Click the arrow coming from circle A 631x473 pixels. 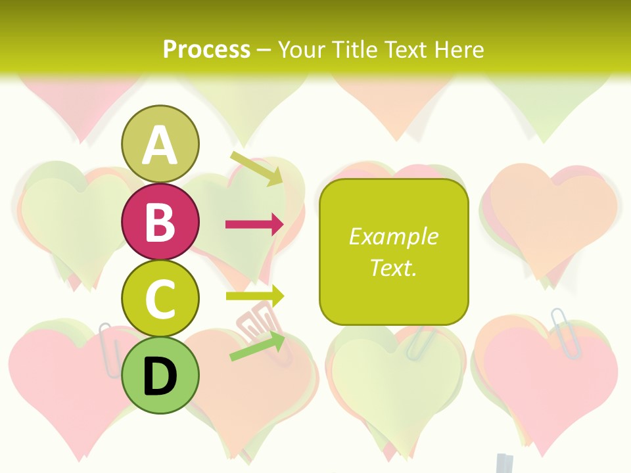point(257,168)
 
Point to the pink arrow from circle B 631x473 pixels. point(254,225)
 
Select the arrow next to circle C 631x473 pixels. point(254,296)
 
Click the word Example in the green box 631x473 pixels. point(393,236)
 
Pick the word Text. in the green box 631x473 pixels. point(393,267)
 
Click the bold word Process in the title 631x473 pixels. point(206,49)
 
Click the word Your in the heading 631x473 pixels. point(301,49)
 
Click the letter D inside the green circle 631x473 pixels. point(160,377)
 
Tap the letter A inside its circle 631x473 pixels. point(160,146)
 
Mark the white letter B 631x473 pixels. point(160,222)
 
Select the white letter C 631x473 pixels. point(160,299)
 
